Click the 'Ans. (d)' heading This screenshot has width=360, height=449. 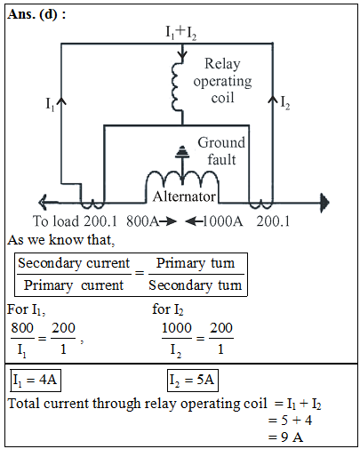click(33, 14)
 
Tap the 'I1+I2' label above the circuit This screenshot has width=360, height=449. click(180, 32)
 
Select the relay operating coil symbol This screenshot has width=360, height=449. click(177, 87)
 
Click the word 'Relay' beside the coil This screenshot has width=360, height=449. click(222, 64)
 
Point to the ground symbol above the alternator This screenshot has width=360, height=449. click(182, 152)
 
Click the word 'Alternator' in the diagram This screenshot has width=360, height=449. click(184, 196)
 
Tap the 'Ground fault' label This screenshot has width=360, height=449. click(221, 151)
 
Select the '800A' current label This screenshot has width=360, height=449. click(143, 221)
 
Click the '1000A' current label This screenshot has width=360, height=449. click(223, 221)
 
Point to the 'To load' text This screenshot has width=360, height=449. click(56, 221)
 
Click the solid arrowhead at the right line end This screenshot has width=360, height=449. click(324, 203)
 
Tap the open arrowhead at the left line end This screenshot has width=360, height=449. click(44, 203)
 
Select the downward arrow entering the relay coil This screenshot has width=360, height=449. click(182, 52)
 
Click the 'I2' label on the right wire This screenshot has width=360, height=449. click(285, 103)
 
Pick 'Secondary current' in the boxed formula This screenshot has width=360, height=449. click(74, 263)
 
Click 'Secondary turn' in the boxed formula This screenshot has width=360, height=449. click(196, 285)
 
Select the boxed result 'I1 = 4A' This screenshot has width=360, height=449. click(36, 381)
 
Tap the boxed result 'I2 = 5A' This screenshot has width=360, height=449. click(193, 381)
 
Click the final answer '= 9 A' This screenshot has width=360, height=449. click(285, 437)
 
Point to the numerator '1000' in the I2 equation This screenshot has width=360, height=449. click(177, 328)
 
